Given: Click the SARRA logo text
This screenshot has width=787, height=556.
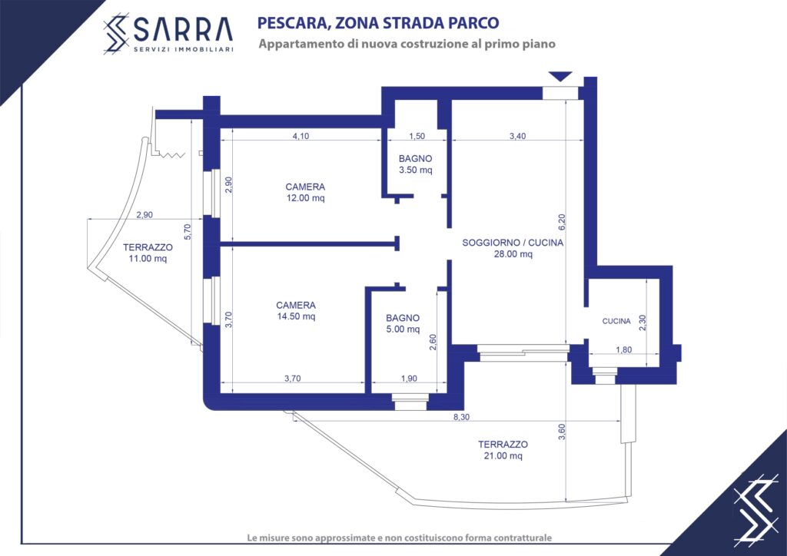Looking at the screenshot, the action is point(183,30).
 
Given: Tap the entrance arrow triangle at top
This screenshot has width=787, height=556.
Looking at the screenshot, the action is point(560,77).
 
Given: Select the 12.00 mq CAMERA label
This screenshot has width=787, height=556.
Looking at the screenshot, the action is point(305,193).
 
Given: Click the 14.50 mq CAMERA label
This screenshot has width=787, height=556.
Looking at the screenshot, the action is point(296,311).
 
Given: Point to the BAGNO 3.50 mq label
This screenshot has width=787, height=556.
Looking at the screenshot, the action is point(416,164).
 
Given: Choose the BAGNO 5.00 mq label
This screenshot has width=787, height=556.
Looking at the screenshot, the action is point(403,324).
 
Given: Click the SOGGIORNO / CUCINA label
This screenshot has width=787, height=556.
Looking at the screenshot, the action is point(513,249).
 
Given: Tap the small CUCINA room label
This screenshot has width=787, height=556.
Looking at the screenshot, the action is point(616,321).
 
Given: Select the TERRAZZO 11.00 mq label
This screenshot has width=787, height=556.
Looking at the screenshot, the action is point(148,253).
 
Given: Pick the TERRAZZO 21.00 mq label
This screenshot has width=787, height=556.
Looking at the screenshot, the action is point(503,450).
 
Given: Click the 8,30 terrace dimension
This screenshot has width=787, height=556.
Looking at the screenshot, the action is point(461,417).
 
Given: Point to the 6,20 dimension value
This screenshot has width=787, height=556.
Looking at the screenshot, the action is point(562,222).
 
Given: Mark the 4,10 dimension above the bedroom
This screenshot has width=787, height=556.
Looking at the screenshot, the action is point(301,136).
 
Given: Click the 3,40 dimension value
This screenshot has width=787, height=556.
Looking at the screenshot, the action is point(517,136).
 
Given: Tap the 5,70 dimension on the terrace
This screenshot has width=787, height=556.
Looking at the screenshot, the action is point(188,231).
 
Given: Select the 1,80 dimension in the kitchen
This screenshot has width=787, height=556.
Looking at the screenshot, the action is point(624,350).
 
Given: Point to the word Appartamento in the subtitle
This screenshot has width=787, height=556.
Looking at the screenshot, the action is point(301,45).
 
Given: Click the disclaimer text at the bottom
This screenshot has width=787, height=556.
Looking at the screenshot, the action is point(400,538).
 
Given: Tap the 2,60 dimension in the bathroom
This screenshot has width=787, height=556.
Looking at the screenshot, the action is point(433,342).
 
